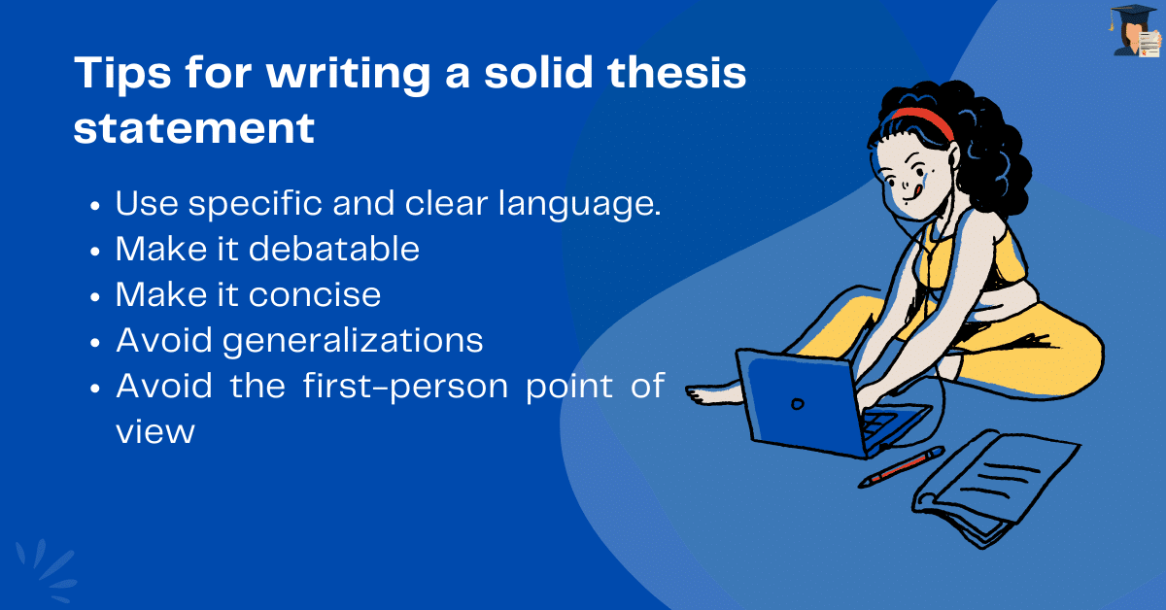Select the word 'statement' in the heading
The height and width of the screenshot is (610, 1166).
(x=194, y=129)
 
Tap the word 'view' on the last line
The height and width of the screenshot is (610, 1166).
(x=155, y=431)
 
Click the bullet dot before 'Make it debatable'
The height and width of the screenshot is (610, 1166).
(x=95, y=251)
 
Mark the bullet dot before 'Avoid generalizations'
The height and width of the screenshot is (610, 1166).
(x=95, y=342)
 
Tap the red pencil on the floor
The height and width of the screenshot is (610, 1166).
(x=901, y=466)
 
